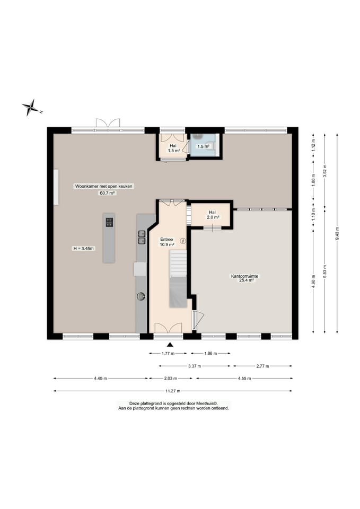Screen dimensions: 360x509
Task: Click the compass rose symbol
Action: [x=31, y=108]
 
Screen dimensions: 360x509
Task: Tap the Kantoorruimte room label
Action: [x=244, y=276]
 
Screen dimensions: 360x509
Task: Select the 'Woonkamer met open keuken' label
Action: [x=104, y=186]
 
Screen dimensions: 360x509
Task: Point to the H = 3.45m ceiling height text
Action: [x=84, y=249]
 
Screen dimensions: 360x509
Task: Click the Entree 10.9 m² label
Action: [x=166, y=242]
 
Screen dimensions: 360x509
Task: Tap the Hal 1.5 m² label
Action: [x=173, y=148]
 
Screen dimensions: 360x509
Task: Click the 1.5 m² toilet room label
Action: [x=204, y=146]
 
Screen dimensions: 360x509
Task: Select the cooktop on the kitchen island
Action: [x=109, y=222]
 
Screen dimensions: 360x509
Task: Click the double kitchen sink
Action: [x=142, y=237]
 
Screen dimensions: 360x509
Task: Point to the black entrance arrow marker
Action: [x=170, y=345]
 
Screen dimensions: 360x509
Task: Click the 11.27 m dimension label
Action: [x=173, y=391]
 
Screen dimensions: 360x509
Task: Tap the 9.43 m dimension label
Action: [x=337, y=233]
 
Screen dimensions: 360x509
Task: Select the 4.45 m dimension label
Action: [x=100, y=379]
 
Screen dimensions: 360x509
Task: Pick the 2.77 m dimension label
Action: [x=262, y=366]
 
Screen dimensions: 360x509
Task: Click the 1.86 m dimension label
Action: [x=210, y=354]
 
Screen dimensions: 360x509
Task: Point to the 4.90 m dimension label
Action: [x=313, y=281]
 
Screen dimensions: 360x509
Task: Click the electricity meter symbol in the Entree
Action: [x=183, y=241]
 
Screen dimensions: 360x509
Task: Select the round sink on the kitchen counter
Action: [x=141, y=296]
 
